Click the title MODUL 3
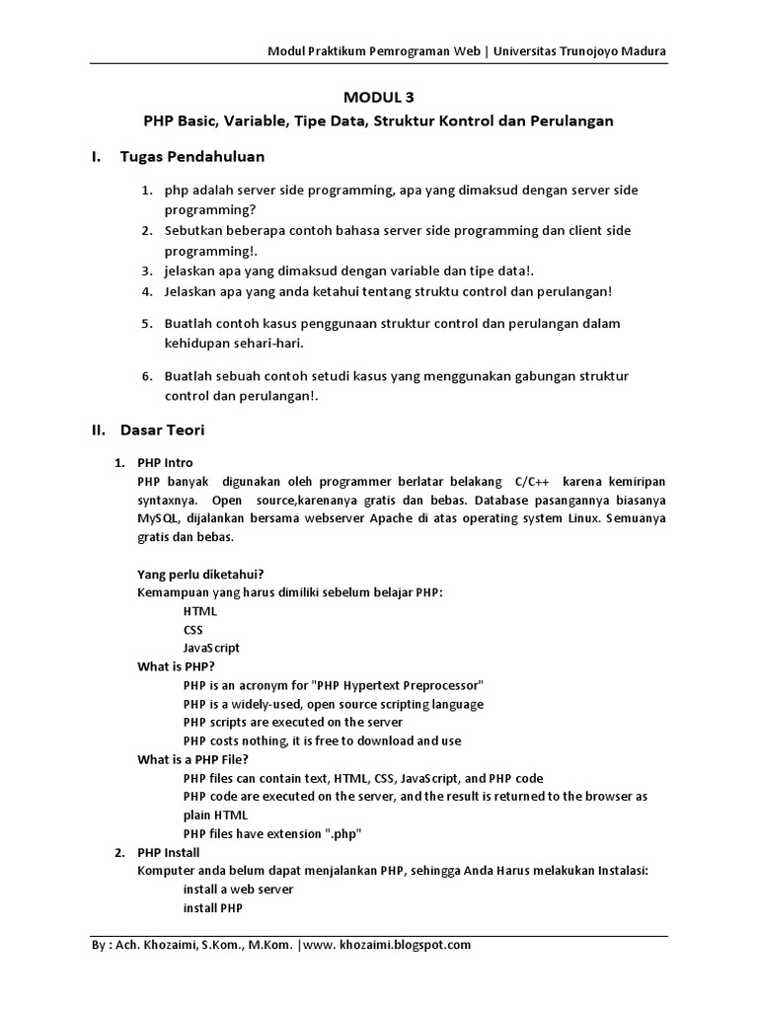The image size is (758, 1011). tap(379, 97)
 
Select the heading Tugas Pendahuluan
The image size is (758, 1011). tap(192, 157)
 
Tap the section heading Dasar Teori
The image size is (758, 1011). tap(162, 430)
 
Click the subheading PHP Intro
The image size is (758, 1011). tap(165, 462)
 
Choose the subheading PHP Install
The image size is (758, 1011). tap(168, 852)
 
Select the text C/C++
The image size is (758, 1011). tap(534, 481)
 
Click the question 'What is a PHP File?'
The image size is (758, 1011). tap(192, 759)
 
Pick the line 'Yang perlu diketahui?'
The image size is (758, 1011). tap(200, 575)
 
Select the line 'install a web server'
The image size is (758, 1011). tap(238, 889)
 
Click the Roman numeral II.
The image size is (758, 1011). tap(98, 430)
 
